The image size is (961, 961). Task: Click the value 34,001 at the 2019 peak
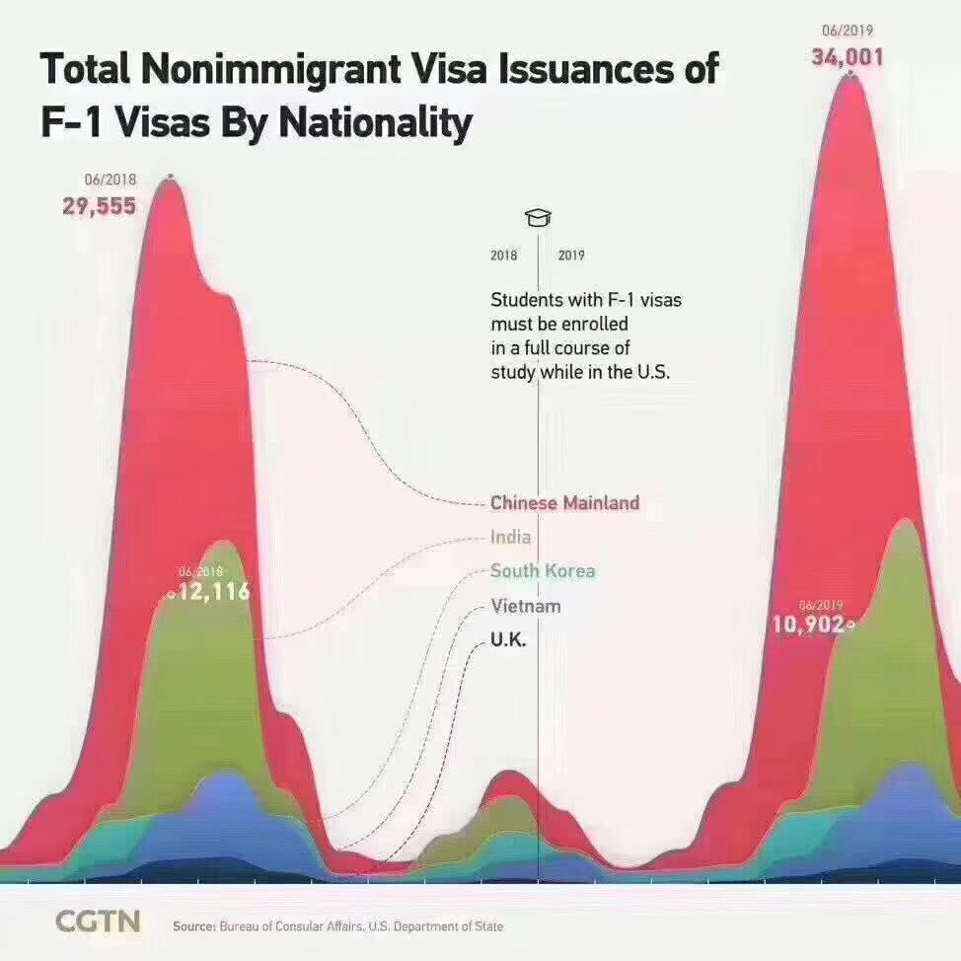pyautogui.click(x=848, y=57)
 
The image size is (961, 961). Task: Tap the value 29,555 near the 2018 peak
pyautogui.click(x=99, y=206)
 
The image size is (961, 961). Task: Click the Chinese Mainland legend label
pyautogui.click(x=564, y=503)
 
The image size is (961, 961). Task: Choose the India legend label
pyautogui.click(x=510, y=538)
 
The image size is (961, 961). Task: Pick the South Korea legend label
pyautogui.click(x=543, y=571)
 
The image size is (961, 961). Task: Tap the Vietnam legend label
pyautogui.click(x=525, y=606)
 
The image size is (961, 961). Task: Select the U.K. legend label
pyautogui.click(x=508, y=640)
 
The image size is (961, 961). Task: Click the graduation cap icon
pyautogui.click(x=538, y=218)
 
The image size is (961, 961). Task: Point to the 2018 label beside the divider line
pyautogui.click(x=503, y=256)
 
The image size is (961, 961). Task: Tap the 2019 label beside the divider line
pyautogui.click(x=571, y=256)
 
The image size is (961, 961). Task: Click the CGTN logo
pyautogui.click(x=98, y=922)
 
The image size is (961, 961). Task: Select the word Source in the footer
pyautogui.click(x=193, y=926)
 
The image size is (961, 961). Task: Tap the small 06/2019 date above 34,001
pyautogui.click(x=848, y=31)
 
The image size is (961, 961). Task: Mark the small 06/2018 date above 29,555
pyautogui.click(x=111, y=180)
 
